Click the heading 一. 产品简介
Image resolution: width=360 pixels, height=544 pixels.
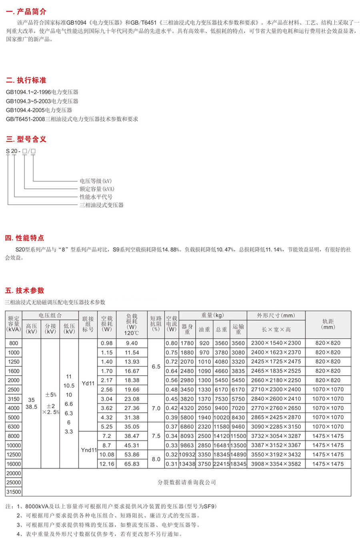(x=26, y=12)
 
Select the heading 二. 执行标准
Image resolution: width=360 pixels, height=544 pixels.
(x=26, y=80)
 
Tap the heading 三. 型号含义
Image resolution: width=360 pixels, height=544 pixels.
(x=26, y=139)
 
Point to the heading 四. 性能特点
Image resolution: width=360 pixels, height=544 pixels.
(x=25, y=238)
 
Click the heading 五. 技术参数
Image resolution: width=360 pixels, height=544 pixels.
(x=25, y=291)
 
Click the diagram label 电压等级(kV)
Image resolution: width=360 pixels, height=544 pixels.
(x=96, y=181)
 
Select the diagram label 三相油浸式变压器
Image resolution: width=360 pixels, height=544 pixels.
(x=102, y=205)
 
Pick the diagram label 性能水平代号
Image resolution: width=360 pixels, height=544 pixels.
(x=96, y=197)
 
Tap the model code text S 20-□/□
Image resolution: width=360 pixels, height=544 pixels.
(x=21, y=151)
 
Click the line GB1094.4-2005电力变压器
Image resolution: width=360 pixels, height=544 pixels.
(x=39, y=110)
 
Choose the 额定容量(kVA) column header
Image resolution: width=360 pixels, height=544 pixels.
(x=14, y=324)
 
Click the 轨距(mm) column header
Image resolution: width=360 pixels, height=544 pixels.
(x=328, y=324)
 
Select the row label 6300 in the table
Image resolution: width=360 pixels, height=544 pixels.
(x=14, y=427)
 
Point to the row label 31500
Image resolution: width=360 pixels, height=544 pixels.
(x=14, y=492)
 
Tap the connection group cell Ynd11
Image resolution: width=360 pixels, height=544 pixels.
(x=89, y=450)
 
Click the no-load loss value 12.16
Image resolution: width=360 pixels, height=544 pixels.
(x=107, y=464)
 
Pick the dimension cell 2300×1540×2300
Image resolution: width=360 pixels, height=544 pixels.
(x=276, y=343)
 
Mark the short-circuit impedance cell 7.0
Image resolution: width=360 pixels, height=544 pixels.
(x=156, y=408)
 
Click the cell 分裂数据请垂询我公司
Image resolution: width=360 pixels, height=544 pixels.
(x=187, y=482)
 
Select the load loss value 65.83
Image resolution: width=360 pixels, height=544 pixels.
(x=132, y=464)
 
